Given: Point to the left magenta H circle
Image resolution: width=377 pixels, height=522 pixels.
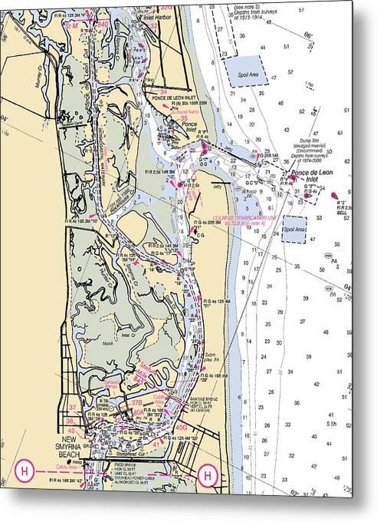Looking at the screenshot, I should pyautogui.click(x=24, y=471).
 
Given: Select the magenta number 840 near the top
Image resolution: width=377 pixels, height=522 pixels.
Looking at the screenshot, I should pyautogui.click(x=102, y=25).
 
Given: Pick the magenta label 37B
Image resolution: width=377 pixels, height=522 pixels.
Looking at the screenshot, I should pyautogui.click(x=136, y=402).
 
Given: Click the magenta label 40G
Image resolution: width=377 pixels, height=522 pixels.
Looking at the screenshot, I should pyautogui.click(x=181, y=427).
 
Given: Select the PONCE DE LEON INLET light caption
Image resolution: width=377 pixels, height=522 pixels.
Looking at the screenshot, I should pyautogui.click(x=170, y=99).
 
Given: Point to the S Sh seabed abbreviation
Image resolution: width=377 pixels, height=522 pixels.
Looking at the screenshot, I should pyautogui.click(x=332, y=422).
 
